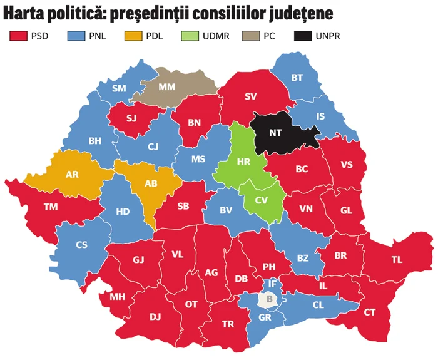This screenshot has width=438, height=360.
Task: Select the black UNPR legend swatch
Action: tap(302, 36)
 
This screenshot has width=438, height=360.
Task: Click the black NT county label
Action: tap(275, 133)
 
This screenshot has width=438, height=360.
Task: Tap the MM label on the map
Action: tap(167, 87)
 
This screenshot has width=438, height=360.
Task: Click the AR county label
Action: tap(72, 174)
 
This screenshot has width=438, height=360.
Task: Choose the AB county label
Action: tap(150, 183)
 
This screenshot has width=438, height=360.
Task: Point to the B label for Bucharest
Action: tap(270, 299)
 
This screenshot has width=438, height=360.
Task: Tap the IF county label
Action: tap(272, 284)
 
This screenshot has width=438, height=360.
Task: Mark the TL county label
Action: tap(397, 259)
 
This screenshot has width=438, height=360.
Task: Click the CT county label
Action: tap(370, 312)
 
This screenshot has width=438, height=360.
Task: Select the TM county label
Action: tap(51, 207)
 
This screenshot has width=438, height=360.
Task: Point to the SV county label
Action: tap(251, 96)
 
